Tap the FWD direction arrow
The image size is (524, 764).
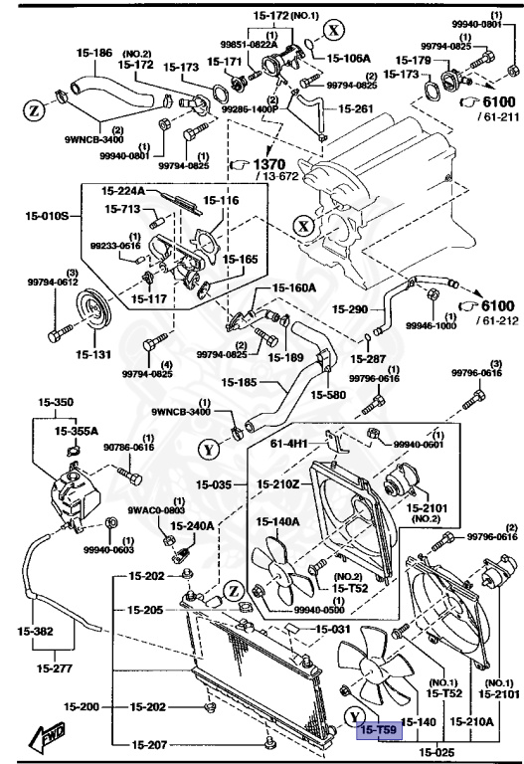[48, 737]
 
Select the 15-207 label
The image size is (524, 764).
[148, 743]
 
